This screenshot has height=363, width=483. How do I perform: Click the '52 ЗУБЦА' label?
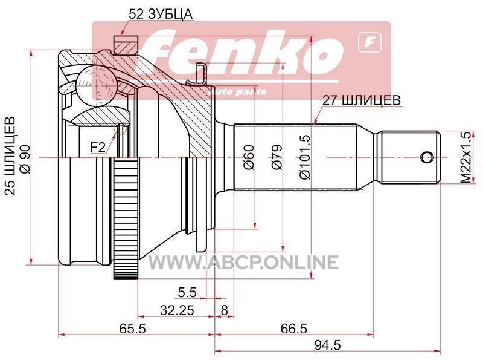(x=161, y=14)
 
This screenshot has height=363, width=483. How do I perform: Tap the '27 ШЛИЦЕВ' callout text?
(x=362, y=100)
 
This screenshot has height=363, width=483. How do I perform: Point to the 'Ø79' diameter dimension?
(x=277, y=157)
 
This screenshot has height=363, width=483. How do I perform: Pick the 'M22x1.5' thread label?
(x=467, y=157)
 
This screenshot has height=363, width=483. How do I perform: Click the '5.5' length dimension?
(x=187, y=292)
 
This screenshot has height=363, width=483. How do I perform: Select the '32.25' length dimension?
(x=177, y=310)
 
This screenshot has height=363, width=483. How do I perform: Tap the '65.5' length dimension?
(x=132, y=329)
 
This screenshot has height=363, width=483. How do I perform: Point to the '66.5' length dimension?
(x=294, y=329)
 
